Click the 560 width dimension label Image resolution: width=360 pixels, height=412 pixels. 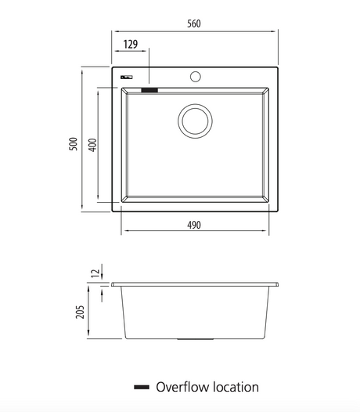click(x=194, y=23)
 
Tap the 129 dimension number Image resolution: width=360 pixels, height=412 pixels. click(x=131, y=44)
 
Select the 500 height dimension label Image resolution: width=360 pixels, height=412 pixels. click(x=74, y=143)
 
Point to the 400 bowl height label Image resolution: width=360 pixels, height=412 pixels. click(x=92, y=145)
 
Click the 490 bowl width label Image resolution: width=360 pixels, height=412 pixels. click(x=194, y=225)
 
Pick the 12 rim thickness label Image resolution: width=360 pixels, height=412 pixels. click(x=95, y=273)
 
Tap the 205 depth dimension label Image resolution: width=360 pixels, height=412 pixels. click(x=81, y=312)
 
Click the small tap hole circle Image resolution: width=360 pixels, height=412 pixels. click(x=196, y=77)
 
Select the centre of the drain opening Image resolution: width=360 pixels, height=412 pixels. click(x=195, y=121)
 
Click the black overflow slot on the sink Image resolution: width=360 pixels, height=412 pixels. click(x=149, y=90)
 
